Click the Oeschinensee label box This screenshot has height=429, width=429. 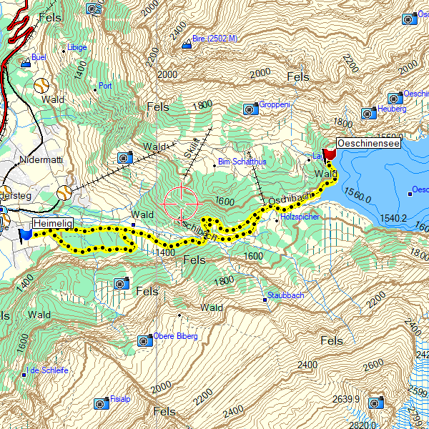pyautogui.click(x=368, y=143)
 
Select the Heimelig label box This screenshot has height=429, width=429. pyautogui.click(x=54, y=225)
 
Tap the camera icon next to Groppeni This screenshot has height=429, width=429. pyautogui.click(x=250, y=109)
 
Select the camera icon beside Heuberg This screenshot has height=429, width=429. pyautogui.click(x=368, y=113)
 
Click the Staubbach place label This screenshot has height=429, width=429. pyautogui.click(x=286, y=295)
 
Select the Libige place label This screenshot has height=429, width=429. pyautogui.click(x=77, y=48)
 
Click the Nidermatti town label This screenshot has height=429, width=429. pyautogui.click(x=41, y=160)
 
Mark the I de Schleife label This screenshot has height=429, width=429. pyautogui.click(x=49, y=370)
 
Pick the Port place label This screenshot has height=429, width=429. pyautogui.click(x=106, y=85)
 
